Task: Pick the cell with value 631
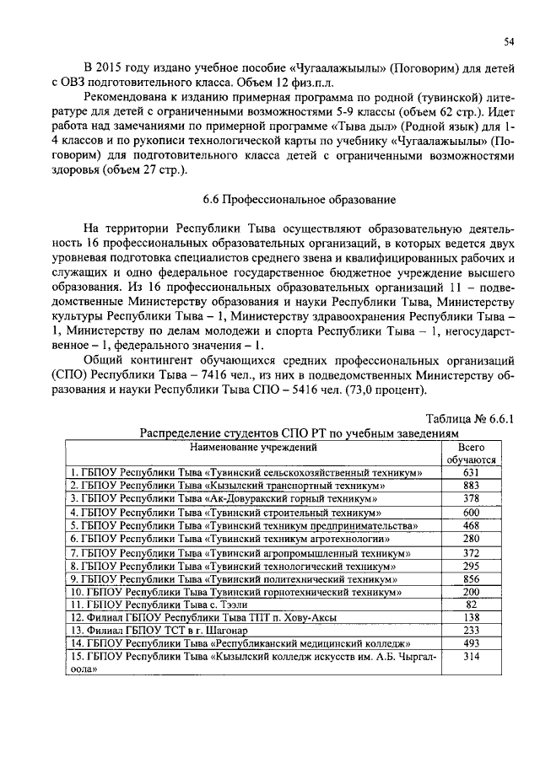point(471,472)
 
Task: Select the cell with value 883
point(471,486)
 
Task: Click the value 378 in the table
point(471,499)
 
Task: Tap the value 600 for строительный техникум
point(471,513)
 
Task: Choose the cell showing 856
point(471,580)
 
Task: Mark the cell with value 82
point(471,604)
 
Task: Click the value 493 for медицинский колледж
point(471,644)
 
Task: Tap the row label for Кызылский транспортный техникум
point(228,486)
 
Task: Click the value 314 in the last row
point(471,658)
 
